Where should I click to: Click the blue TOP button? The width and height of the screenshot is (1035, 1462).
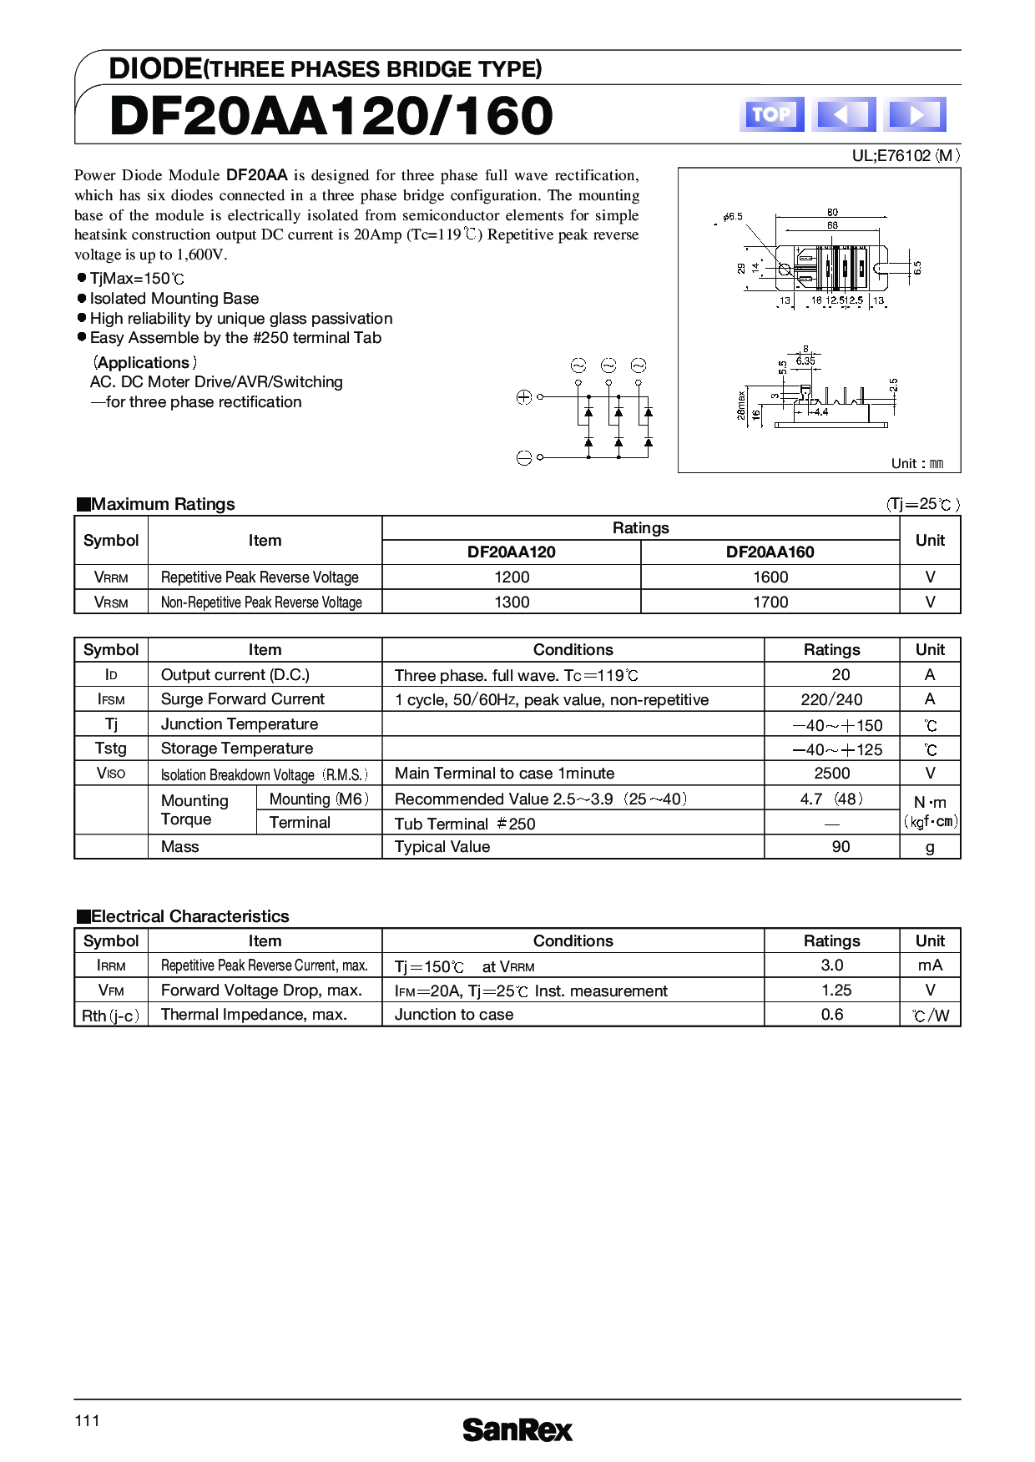click(771, 114)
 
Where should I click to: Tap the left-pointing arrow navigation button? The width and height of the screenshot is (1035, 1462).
click(843, 114)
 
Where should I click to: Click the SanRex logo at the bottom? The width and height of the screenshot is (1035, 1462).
click(517, 1430)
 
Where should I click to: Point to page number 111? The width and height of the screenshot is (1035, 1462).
click(87, 1421)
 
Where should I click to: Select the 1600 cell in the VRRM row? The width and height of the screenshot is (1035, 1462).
click(770, 577)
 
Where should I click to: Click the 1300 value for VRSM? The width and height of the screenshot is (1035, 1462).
click(511, 602)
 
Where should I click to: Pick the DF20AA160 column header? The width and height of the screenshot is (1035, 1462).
click(770, 552)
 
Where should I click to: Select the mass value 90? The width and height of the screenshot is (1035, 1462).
click(841, 847)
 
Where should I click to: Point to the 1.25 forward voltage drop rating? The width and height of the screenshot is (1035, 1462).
click(831, 991)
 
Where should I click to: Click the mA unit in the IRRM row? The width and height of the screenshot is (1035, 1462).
click(930, 965)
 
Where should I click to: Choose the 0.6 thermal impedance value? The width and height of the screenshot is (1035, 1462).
click(831, 1015)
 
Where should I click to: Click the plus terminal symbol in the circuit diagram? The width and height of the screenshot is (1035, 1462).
click(524, 398)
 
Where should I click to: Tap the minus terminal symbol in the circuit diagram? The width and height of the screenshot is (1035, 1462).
click(524, 457)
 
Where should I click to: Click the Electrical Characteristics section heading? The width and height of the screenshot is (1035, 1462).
click(189, 916)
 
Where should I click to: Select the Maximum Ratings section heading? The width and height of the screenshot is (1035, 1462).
click(163, 504)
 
